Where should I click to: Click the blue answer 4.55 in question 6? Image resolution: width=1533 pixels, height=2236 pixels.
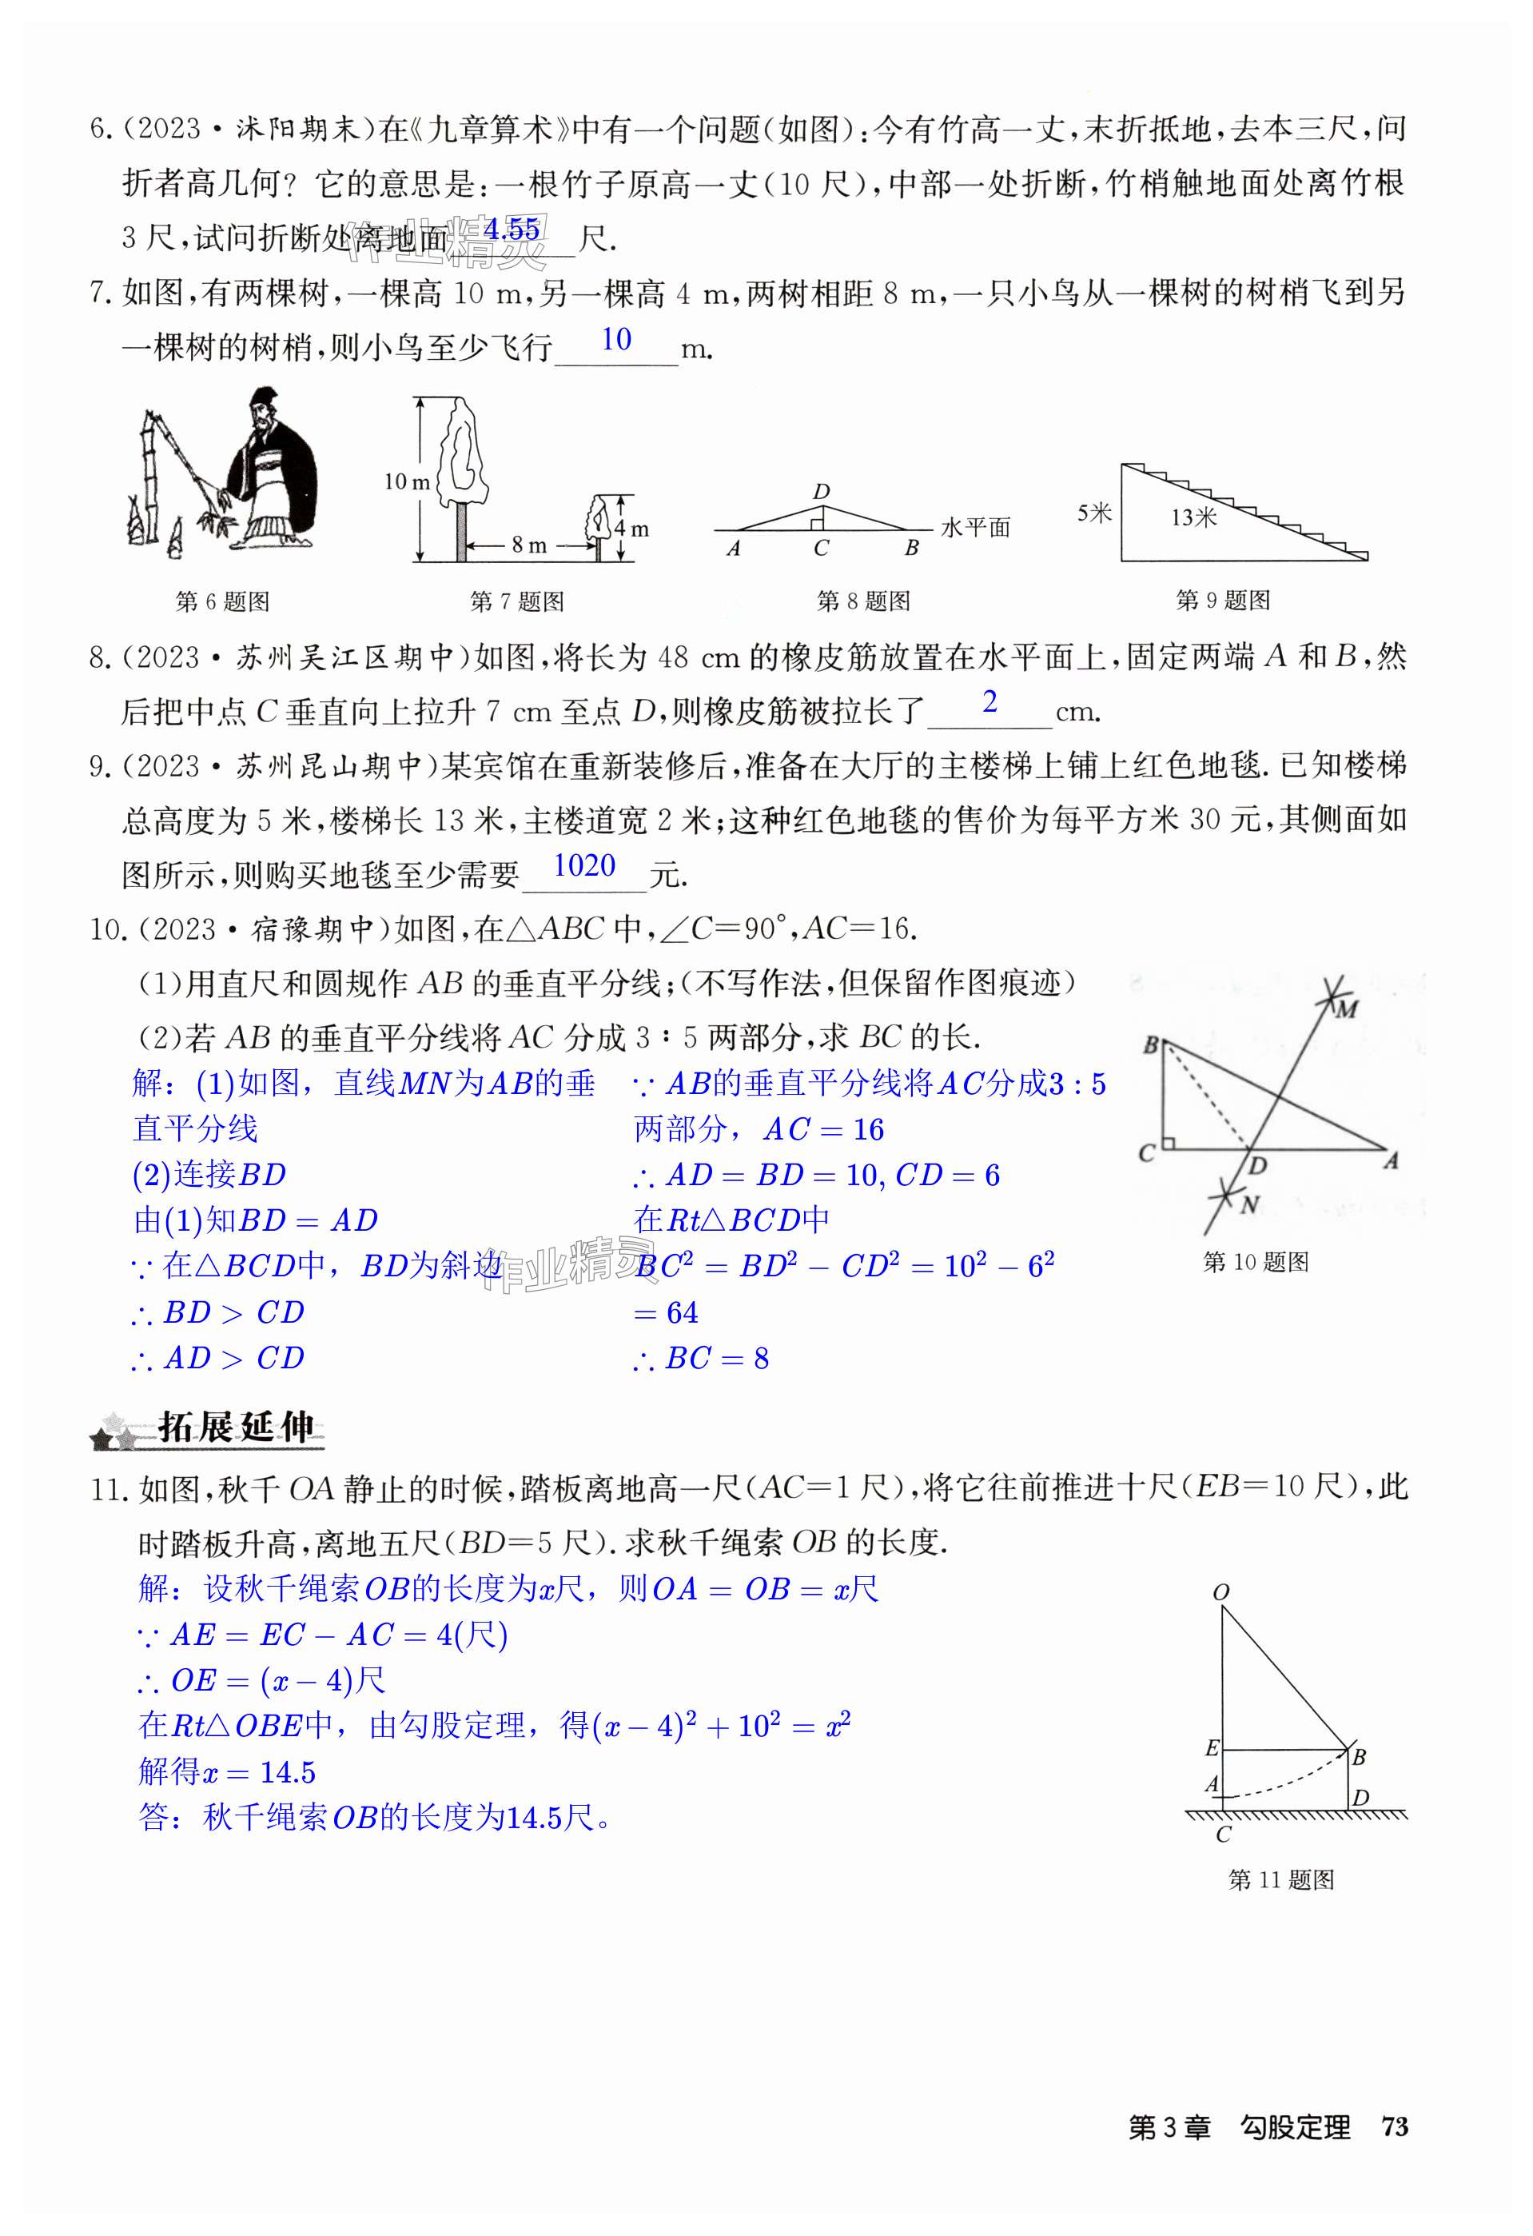[x=512, y=230]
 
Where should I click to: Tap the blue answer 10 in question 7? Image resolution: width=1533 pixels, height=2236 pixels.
[x=615, y=340]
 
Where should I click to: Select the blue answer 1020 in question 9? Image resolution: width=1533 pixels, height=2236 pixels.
[x=583, y=866]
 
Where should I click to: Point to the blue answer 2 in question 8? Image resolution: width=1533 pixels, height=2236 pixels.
[x=989, y=702]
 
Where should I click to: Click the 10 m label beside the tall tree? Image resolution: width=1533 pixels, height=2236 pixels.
[x=407, y=481]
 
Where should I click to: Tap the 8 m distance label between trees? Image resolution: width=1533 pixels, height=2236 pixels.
[x=529, y=545]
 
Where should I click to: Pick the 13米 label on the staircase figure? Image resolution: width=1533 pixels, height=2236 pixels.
[x=1193, y=517]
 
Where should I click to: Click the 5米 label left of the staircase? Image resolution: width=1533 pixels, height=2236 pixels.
[x=1093, y=513]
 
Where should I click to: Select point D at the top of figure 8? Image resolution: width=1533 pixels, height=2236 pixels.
[x=820, y=492]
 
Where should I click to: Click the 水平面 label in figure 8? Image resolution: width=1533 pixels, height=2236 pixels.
[x=975, y=527]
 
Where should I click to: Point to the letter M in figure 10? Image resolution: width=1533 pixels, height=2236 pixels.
[x=1347, y=1009]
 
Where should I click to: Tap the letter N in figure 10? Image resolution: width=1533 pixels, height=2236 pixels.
[x=1249, y=1204]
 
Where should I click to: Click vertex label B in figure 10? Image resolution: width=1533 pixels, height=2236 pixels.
[x=1150, y=1045]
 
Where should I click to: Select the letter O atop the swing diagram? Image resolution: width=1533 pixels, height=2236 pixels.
[x=1221, y=1592]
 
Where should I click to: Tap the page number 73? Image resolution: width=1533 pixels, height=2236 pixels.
[x=1394, y=2127]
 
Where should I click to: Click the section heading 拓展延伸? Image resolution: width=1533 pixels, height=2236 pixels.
[x=236, y=1427]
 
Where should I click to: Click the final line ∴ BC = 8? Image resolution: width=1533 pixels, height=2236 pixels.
[x=702, y=1359]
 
